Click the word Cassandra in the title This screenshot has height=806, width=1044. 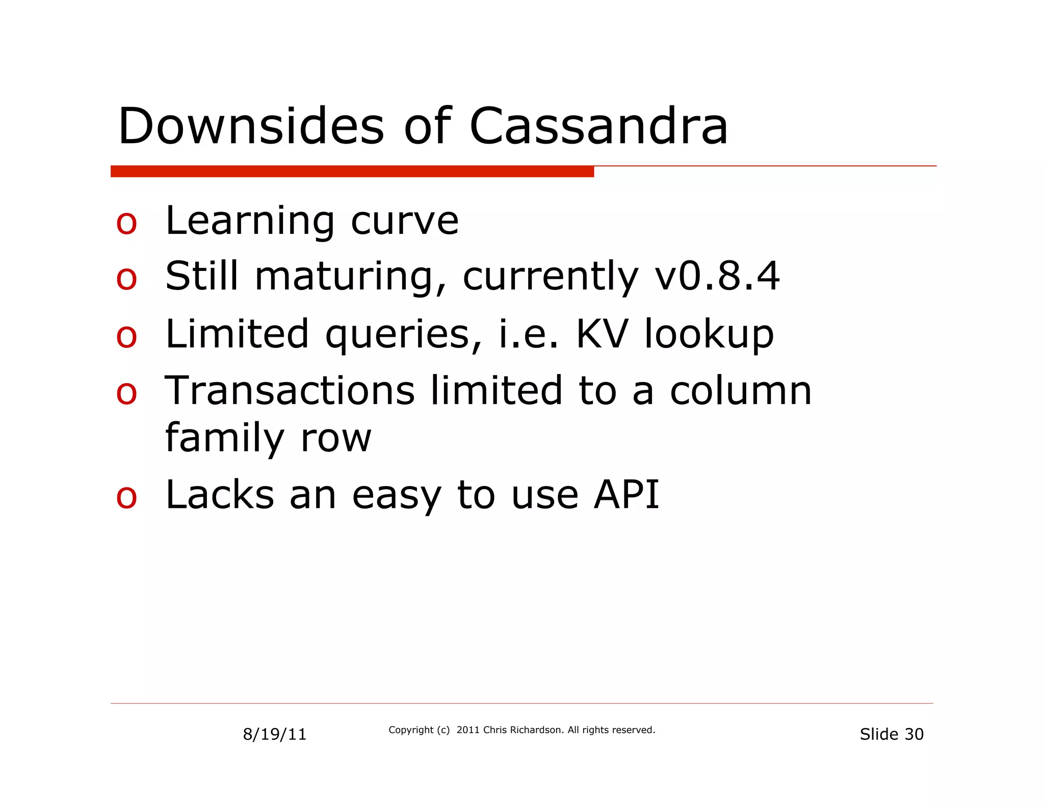(x=598, y=126)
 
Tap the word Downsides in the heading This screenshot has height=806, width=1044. (x=251, y=126)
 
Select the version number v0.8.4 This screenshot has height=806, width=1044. (x=717, y=276)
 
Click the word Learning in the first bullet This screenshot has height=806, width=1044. (x=250, y=222)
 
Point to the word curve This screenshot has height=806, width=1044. (x=405, y=222)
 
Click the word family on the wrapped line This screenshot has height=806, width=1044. (x=225, y=438)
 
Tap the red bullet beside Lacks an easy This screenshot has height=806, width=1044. (x=126, y=497)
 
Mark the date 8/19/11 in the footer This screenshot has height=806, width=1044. (x=275, y=734)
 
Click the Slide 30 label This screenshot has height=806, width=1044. (x=892, y=734)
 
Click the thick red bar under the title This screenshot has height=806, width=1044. (x=352, y=171)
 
